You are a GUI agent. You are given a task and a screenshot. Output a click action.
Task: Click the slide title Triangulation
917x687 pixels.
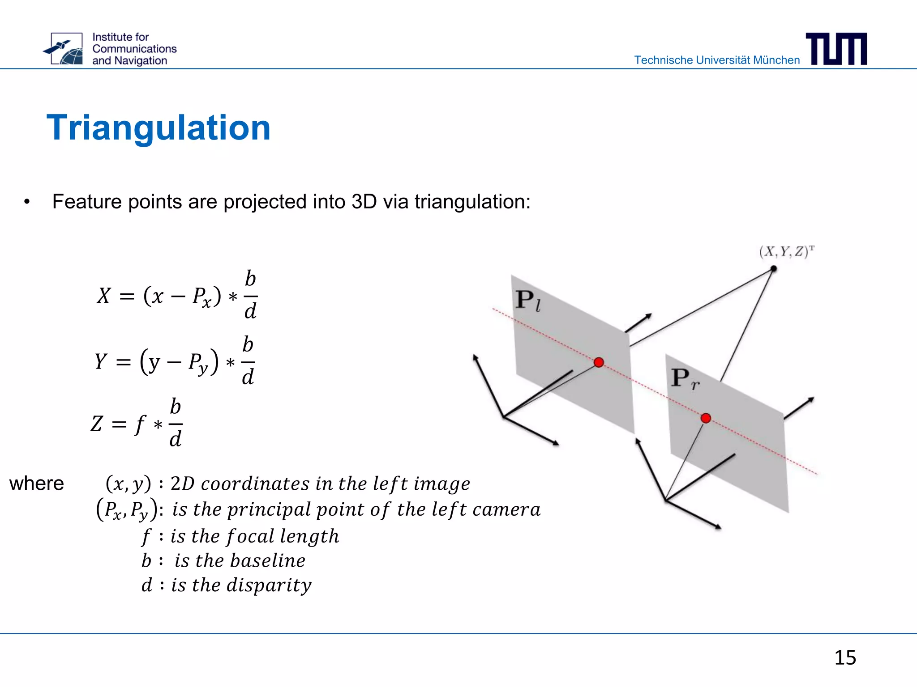tap(159, 128)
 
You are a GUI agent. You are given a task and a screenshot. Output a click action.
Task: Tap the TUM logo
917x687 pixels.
tap(836, 49)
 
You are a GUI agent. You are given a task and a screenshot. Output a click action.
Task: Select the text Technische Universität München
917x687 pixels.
tap(716, 60)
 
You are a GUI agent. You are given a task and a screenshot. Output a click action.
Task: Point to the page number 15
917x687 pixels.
tap(845, 657)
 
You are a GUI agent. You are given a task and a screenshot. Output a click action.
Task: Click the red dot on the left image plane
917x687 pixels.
tap(599, 362)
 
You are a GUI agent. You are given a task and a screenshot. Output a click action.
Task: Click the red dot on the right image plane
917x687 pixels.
tap(706, 418)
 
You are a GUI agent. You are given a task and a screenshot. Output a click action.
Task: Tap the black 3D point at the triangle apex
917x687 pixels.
tap(773, 269)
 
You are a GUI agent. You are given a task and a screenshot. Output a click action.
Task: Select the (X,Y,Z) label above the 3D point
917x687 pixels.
tap(786, 252)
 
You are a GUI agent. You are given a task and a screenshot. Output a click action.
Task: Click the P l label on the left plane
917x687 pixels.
tap(527, 300)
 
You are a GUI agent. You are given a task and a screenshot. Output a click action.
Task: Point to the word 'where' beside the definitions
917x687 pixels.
tap(37, 483)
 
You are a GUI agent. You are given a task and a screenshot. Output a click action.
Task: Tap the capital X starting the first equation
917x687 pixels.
tap(103, 296)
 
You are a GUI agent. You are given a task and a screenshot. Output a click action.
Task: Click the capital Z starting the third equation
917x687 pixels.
tap(97, 424)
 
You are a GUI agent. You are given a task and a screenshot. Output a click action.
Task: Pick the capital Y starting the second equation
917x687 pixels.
tap(101, 361)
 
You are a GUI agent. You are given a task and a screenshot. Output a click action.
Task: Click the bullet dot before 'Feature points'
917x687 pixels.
tap(27, 202)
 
